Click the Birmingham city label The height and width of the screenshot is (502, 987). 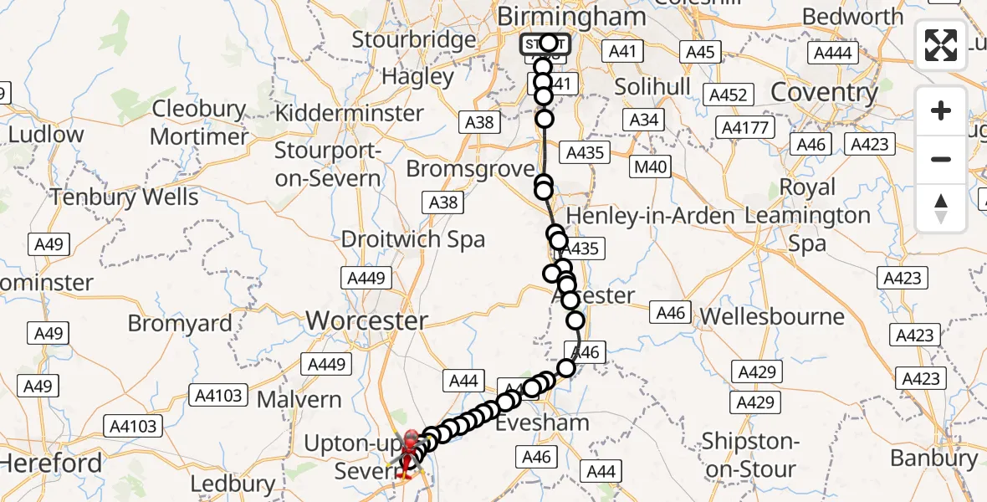571,17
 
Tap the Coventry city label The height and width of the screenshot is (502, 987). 824,92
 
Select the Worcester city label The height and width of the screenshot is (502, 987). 367,320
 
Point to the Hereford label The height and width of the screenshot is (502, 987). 51,463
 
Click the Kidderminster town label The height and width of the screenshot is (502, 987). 349,113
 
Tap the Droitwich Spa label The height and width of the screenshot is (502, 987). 413,239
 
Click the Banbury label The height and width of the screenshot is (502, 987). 933,458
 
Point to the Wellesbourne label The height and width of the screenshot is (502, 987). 772,316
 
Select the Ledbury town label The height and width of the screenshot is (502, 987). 233,484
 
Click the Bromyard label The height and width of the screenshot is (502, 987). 180,323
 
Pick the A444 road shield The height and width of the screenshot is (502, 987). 832,54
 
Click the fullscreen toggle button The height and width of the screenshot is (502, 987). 941,45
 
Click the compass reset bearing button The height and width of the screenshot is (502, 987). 941,207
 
